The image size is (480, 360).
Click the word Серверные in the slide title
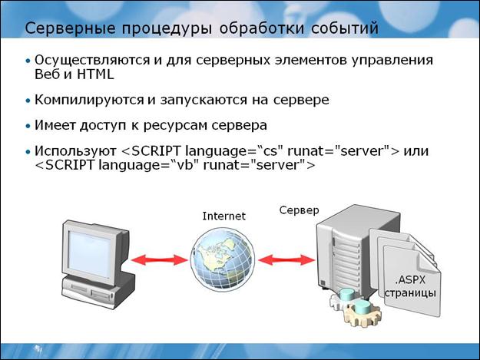(x=62, y=29)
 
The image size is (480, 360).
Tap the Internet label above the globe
(x=223, y=216)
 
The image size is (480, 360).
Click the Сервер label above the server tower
(x=300, y=210)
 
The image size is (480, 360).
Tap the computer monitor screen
(x=91, y=249)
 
